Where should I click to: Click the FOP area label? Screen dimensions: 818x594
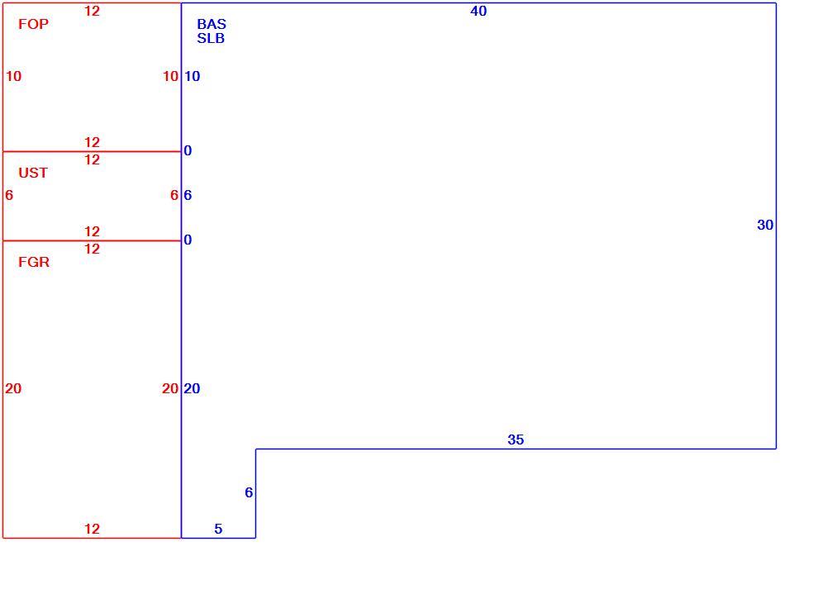click(x=33, y=24)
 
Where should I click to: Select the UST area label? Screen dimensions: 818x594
click(x=33, y=173)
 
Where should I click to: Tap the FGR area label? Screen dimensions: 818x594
click(x=34, y=262)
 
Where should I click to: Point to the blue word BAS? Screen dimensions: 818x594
click(x=212, y=24)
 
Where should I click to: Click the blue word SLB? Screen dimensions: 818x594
click(x=211, y=38)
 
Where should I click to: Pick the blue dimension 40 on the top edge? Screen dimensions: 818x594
click(x=478, y=11)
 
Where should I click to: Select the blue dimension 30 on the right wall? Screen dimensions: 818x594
click(x=765, y=225)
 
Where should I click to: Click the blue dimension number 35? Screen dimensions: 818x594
click(x=516, y=440)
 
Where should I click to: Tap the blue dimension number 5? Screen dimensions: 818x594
click(x=218, y=529)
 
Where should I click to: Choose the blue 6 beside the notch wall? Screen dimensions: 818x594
click(x=249, y=492)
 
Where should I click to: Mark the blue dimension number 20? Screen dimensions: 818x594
click(x=192, y=388)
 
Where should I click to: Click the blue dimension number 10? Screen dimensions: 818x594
click(x=192, y=76)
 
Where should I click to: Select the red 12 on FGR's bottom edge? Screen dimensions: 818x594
click(x=92, y=529)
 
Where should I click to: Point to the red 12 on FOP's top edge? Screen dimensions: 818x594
click(x=92, y=11)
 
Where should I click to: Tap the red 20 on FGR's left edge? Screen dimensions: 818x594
click(x=13, y=388)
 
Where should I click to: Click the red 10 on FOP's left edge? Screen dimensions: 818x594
click(x=13, y=76)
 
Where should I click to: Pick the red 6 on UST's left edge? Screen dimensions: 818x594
click(x=9, y=195)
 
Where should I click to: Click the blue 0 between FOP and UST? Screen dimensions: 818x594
click(x=188, y=150)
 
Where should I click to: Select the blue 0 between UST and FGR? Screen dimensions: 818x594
click(x=188, y=240)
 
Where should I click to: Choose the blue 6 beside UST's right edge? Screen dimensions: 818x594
click(x=188, y=195)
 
